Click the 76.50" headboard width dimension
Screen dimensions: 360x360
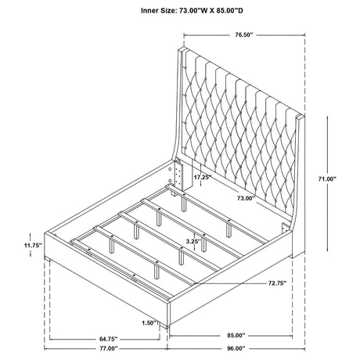tap(244, 34)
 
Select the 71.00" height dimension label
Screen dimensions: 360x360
tap(327, 178)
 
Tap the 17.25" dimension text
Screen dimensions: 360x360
tap(203, 177)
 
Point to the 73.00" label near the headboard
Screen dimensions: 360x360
tap(246, 198)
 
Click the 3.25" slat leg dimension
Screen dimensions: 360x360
tap(193, 241)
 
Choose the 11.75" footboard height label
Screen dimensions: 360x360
tap(33, 245)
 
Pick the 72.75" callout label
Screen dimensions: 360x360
tap(277, 283)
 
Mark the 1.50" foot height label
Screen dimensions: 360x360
tap(149, 323)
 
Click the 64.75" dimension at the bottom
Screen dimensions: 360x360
tap(109, 339)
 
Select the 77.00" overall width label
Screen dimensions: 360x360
tap(109, 348)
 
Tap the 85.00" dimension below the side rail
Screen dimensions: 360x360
tap(236, 335)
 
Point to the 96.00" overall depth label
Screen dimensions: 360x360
tap(236, 348)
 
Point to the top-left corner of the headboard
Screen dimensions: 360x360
tap(179, 49)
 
